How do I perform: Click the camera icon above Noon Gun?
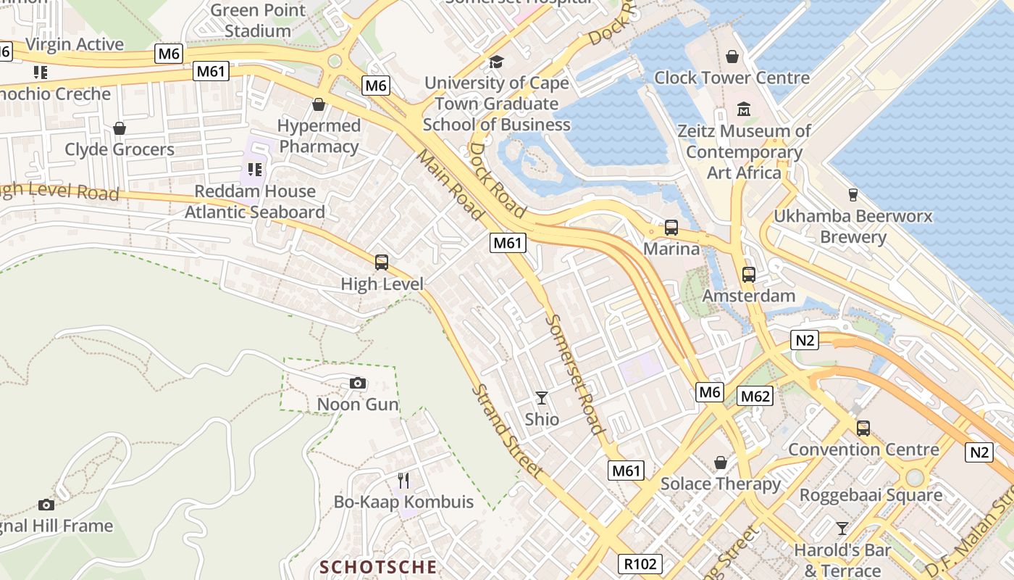(x=357, y=383)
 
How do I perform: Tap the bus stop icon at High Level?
(x=381, y=262)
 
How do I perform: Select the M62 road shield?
(x=755, y=396)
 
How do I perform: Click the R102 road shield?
(x=641, y=564)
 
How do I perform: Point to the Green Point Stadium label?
(x=257, y=20)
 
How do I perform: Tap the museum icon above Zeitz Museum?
(x=743, y=109)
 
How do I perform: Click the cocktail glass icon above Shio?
(x=541, y=397)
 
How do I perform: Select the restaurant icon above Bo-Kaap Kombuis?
(x=403, y=480)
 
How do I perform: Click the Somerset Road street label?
(x=575, y=373)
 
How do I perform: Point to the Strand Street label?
(x=506, y=431)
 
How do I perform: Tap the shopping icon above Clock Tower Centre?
(x=732, y=57)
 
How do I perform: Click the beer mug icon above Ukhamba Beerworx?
(x=852, y=194)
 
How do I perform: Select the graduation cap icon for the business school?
(x=496, y=62)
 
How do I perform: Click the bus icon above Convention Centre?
(x=863, y=428)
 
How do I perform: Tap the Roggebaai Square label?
(x=871, y=495)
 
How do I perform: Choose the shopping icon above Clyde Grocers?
(x=120, y=128)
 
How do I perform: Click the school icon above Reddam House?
(x=254, y=170)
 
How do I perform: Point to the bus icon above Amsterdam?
(x=748, y=275)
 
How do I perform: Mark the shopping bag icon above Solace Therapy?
(x=720, y=463)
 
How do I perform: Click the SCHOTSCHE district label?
(x=379, y=567)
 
